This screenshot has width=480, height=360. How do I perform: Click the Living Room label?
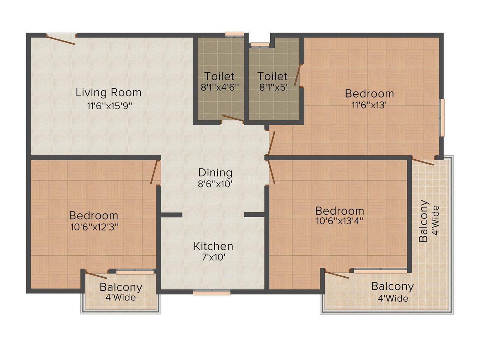(x=108, y=92)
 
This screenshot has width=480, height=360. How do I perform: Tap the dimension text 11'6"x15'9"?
(x=109, y=105)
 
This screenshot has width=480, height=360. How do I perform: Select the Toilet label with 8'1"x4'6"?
(x=219, y=77)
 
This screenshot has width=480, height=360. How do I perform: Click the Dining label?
(x=215, y=173)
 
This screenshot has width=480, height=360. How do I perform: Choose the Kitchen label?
(x=213, y=246)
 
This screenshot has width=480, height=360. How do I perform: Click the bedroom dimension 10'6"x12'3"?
(x=94, y=227)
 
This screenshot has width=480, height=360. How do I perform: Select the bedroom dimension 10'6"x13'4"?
(x=339, y=221)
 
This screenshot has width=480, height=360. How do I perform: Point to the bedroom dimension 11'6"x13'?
(x=369, y=105)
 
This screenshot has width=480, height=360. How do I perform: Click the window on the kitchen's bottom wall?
(x=211, y=293)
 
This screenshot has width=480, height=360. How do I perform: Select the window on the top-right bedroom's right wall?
(x=442, y=117)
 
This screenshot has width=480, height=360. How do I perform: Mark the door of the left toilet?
(x=232, y=119)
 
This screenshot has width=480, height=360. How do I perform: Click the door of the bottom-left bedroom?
(x=155, y=173)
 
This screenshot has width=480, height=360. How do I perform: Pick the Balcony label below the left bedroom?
(x=121, y=287)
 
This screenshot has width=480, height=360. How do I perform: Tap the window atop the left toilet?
(x=234, y=35)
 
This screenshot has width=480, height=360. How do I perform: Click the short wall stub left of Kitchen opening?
(x=171, y=215)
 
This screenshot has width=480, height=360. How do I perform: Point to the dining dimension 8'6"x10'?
(x=215, y=184)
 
